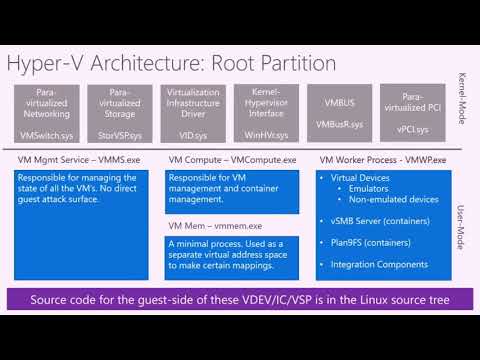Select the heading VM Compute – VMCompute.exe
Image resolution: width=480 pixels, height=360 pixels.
[x=231, y=160]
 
